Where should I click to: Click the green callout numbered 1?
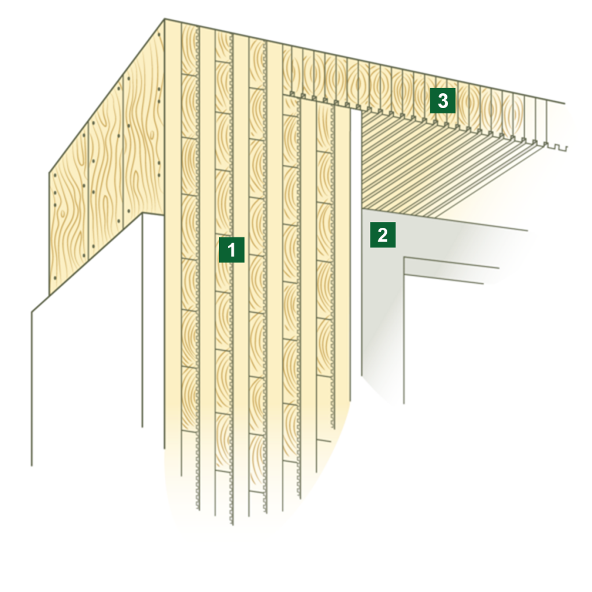231,250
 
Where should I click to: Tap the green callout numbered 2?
383,235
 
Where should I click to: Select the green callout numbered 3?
442,101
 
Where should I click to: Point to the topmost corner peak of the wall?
165,18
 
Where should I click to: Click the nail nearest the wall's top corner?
160,35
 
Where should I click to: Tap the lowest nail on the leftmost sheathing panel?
55,278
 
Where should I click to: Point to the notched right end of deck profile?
555,147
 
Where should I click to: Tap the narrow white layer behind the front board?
153,321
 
